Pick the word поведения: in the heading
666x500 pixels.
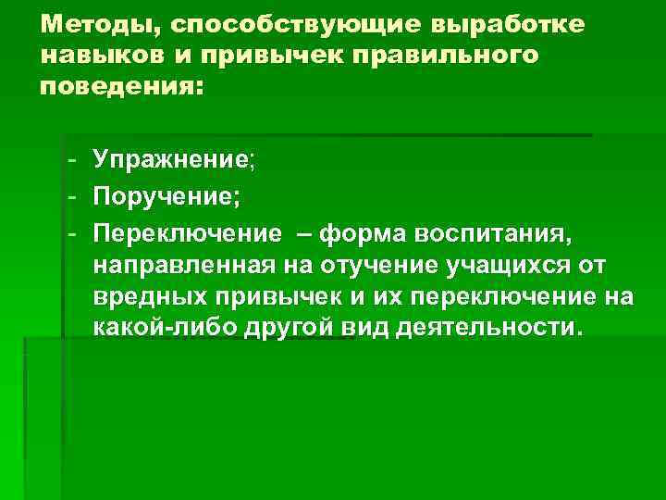click(119, 89)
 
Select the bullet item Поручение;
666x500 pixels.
click(166, 197)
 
